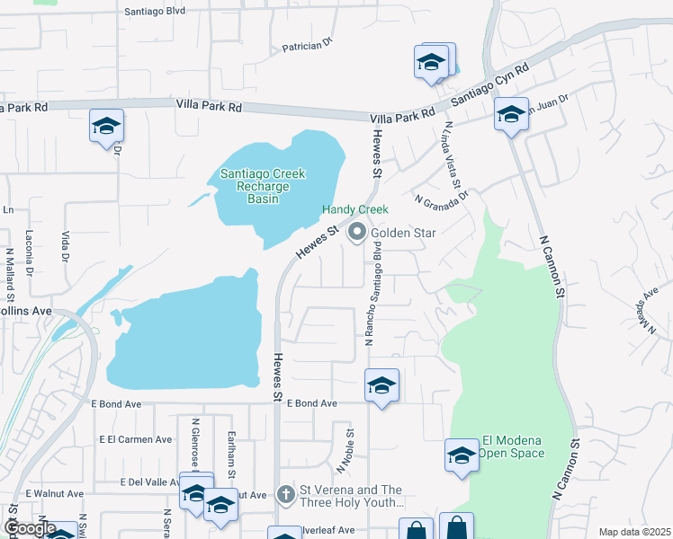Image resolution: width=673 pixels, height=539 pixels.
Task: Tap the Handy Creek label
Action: click(x=355, y=210)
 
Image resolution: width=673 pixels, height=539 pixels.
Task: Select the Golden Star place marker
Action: click(x=357, y=233)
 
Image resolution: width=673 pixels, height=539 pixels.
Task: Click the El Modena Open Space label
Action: click(x=513, y=446)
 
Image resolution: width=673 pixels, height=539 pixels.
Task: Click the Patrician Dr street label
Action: click(x=307, y=44)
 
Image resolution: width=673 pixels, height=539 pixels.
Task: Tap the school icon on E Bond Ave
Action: click(x=382, y=385)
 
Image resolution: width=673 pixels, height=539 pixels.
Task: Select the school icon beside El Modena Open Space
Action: click(x=462, y=455)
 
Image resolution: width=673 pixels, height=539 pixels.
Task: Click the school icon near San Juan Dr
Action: click(x=511, y=115)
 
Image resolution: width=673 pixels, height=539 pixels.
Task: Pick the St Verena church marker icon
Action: click(x=285, y=495)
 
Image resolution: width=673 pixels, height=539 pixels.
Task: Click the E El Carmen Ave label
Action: click(x=135, y=439)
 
